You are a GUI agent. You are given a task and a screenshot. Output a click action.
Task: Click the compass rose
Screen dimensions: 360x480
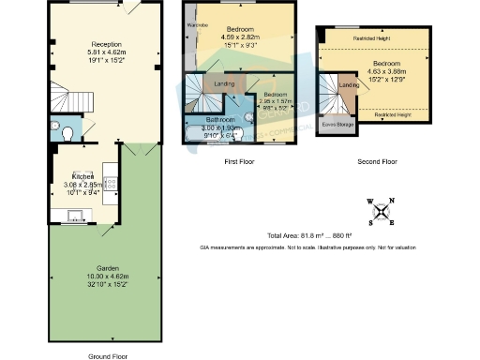click(382, 211)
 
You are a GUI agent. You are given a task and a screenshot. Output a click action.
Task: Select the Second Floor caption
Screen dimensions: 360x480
click(377, 161)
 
